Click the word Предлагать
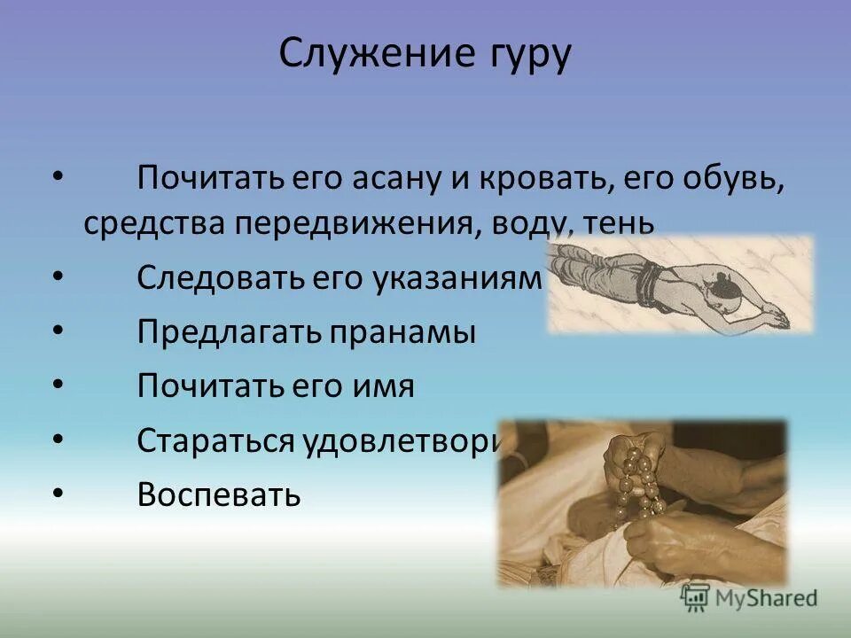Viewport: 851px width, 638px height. pos(229,333)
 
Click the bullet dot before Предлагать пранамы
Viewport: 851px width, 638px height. pos(59,331)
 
